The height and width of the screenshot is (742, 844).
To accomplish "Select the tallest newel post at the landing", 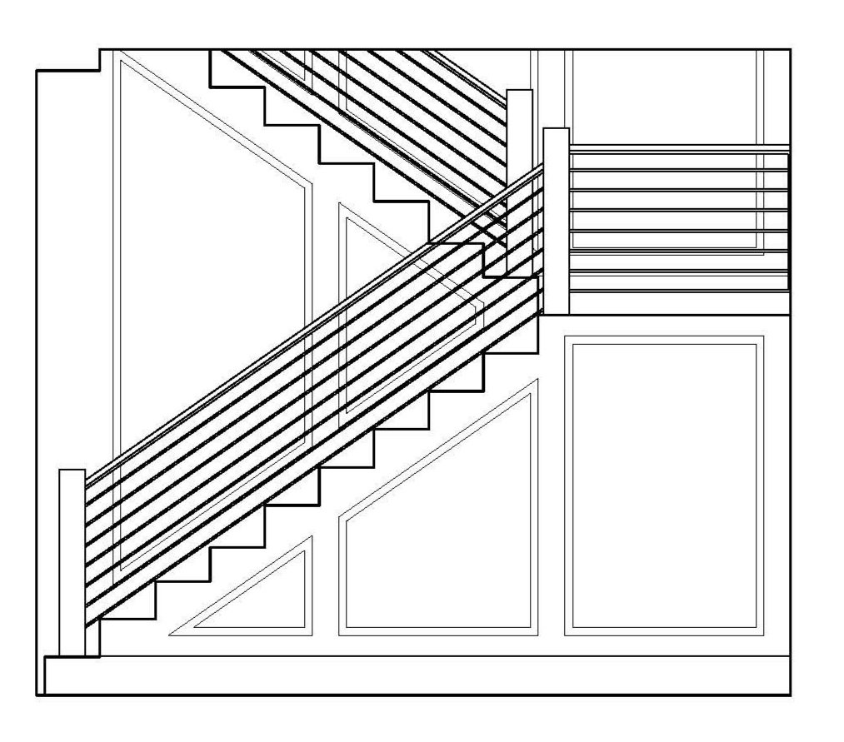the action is [x=556, y=221].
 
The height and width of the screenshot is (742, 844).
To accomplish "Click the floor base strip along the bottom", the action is [x=417, y=675].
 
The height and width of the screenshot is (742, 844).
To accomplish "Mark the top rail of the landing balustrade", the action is [x=679, y=149].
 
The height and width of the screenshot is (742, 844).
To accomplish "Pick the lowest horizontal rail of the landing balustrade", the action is [x=679, y=291].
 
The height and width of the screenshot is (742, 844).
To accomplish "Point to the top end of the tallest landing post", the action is [x=556, y=132].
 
